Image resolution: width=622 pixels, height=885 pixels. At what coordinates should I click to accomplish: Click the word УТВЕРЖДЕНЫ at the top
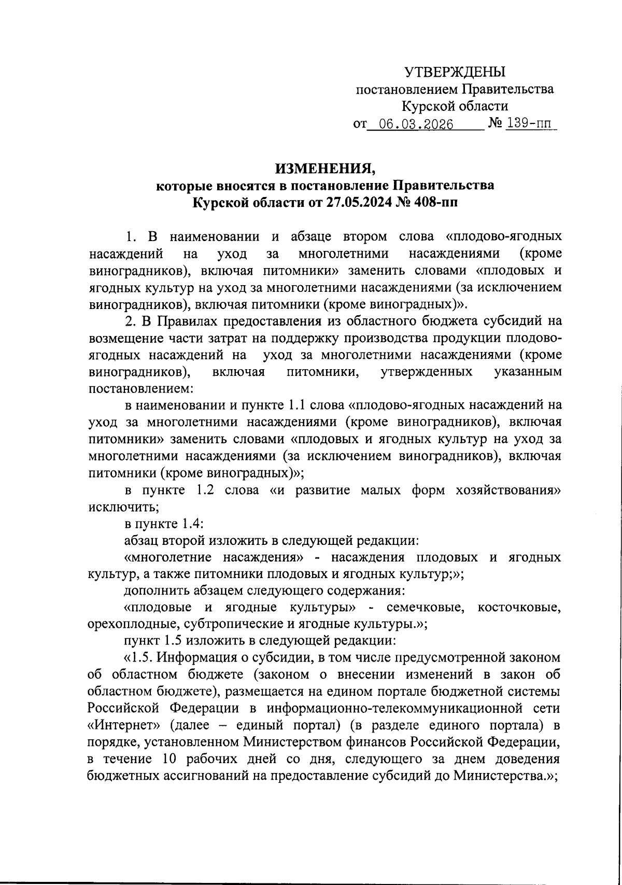click(454, 72)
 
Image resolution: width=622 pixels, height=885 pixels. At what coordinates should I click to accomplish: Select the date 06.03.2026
click(416, 125)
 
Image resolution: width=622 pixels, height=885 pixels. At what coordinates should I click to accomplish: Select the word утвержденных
click(426, 372)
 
